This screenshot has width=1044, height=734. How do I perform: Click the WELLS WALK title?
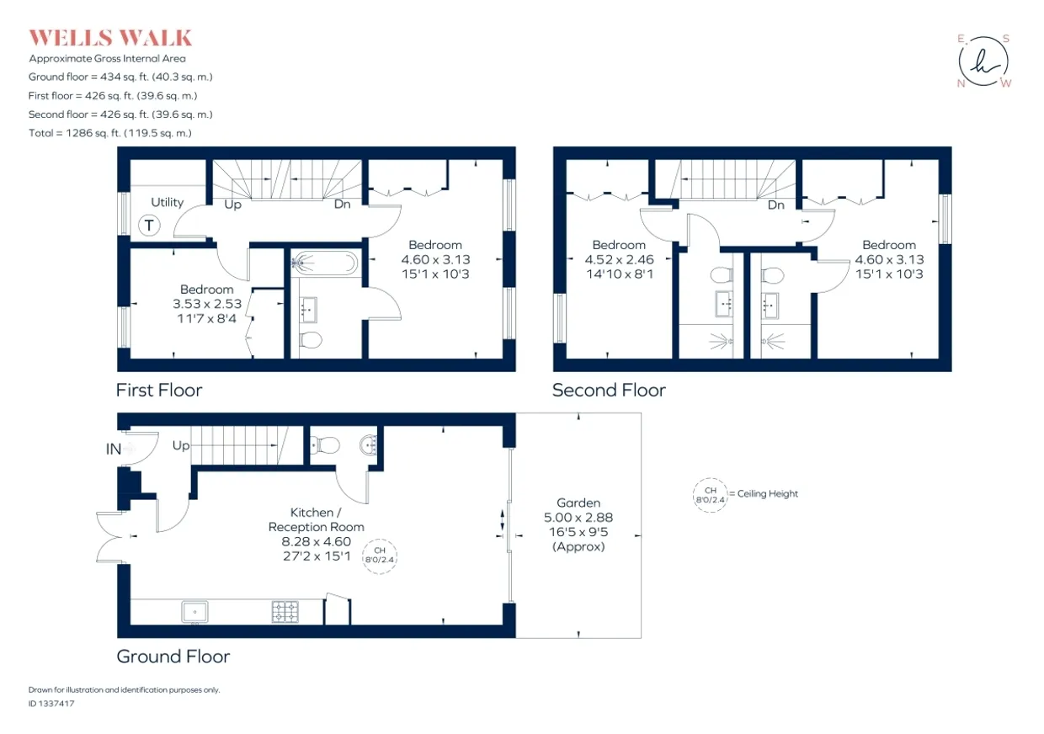(110, 38)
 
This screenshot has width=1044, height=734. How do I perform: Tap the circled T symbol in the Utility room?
(149, 226)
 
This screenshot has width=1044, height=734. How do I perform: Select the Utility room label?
(168, 202)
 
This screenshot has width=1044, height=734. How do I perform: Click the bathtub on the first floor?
(325, 263)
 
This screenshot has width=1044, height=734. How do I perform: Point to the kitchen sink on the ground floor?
(194, 612)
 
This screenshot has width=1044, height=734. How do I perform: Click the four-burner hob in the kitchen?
(285, 612)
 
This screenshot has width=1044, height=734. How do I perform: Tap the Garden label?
(578, 503)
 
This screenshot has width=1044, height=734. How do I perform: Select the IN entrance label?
(114, 449)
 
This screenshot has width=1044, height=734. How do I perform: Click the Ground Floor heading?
(173, 657)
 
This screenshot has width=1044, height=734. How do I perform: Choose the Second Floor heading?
(609, 390)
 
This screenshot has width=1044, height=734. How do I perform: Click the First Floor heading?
(159, 390)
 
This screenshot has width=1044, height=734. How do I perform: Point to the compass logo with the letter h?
(983, 61)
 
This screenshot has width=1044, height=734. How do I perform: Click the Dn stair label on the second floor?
(776, 205)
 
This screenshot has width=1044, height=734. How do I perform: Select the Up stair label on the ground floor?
(181, 445)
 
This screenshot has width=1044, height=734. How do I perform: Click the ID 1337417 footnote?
(51, 704)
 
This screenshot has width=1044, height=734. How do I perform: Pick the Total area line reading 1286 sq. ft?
(110, 133)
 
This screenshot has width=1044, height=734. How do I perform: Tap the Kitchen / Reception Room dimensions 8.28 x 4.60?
(316, 541)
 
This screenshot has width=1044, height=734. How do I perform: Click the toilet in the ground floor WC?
(324, 444)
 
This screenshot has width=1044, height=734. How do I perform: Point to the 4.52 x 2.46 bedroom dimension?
(619, 259)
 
